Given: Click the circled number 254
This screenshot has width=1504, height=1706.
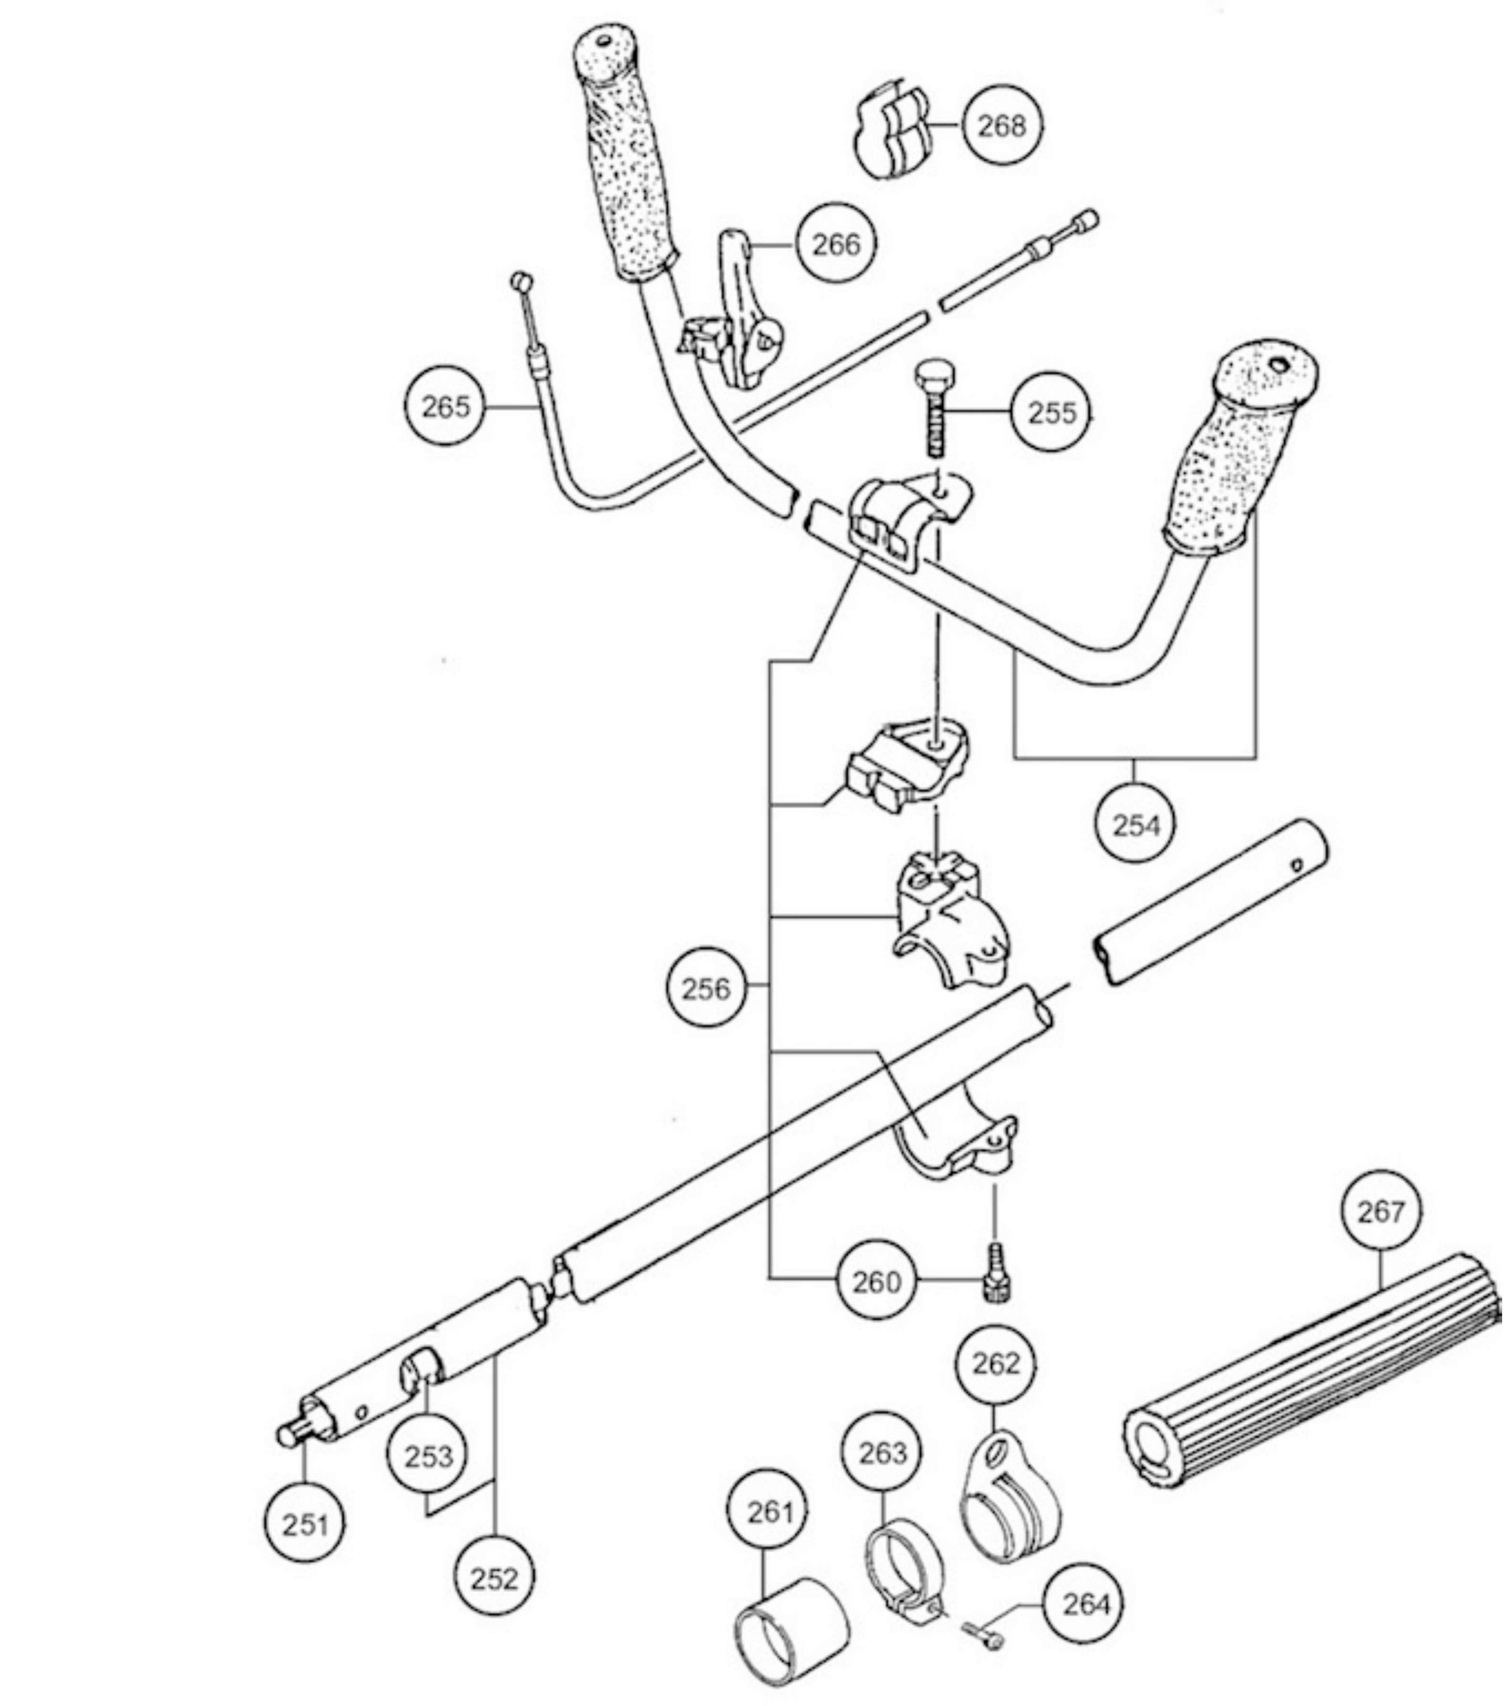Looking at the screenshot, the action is coord(1136,825).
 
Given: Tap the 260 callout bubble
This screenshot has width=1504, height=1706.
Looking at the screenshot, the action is coord(877,1281).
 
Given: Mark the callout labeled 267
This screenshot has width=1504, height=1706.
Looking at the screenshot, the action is coord(1381,1210).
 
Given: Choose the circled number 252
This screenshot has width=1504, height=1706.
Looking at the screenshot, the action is coord(494,1578).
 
